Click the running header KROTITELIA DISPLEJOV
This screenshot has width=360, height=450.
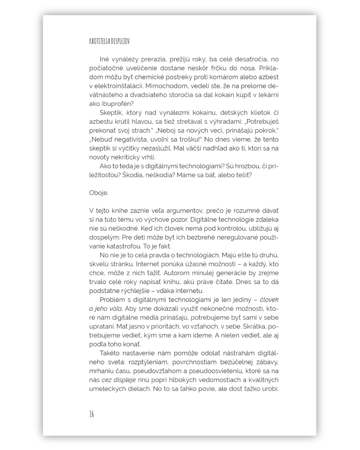coord(109,41)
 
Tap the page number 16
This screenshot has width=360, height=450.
coord(92,414)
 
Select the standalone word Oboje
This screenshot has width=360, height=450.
coord(99,193)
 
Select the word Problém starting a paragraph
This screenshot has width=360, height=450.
coord(113,300)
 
